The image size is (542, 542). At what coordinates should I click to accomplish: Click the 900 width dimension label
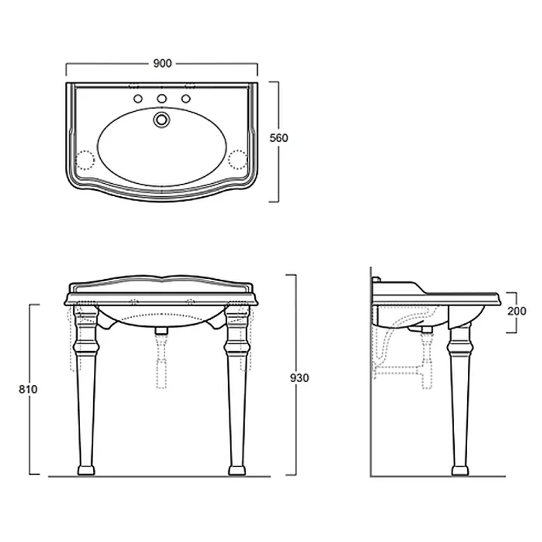[162, 63]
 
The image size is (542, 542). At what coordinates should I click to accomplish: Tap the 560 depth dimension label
[279, 138]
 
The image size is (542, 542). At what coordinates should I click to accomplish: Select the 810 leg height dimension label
[28, 389]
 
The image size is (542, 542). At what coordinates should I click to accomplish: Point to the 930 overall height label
[299, 378]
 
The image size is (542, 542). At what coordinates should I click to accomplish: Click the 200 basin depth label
[517, 311]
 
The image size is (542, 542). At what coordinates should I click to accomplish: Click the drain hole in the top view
[162, 120]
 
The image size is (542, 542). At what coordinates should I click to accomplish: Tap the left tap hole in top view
[138, 99]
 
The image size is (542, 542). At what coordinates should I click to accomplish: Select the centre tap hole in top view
[162, 99]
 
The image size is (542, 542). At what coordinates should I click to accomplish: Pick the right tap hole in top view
[186, 99]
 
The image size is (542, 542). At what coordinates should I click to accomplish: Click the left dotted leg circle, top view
[85, 160]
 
